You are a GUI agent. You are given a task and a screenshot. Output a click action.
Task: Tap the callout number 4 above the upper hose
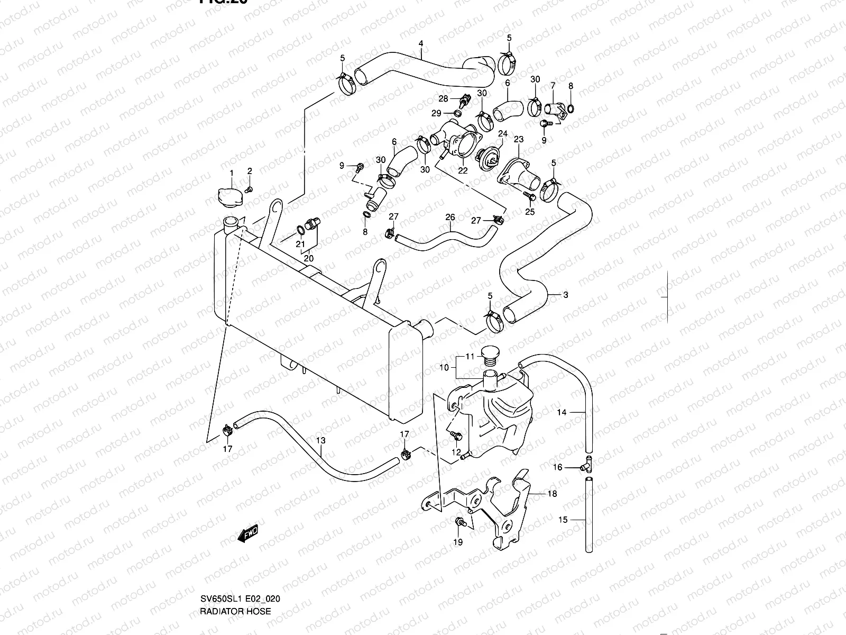coord(421,43)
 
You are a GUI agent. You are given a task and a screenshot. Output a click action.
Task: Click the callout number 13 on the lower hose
coord(320,440)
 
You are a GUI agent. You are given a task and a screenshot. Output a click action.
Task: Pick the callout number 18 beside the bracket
coord(553,494)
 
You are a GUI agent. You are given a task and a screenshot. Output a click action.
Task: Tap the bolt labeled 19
coord(459,523)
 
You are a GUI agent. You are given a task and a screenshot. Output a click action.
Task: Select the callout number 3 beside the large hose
coord(565,295)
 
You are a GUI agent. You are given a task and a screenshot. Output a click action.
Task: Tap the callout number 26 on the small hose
coord(450,217)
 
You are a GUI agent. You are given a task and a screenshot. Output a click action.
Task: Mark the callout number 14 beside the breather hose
coord(562,412)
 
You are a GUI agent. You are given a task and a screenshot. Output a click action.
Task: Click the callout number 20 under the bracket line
coord(308,259)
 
